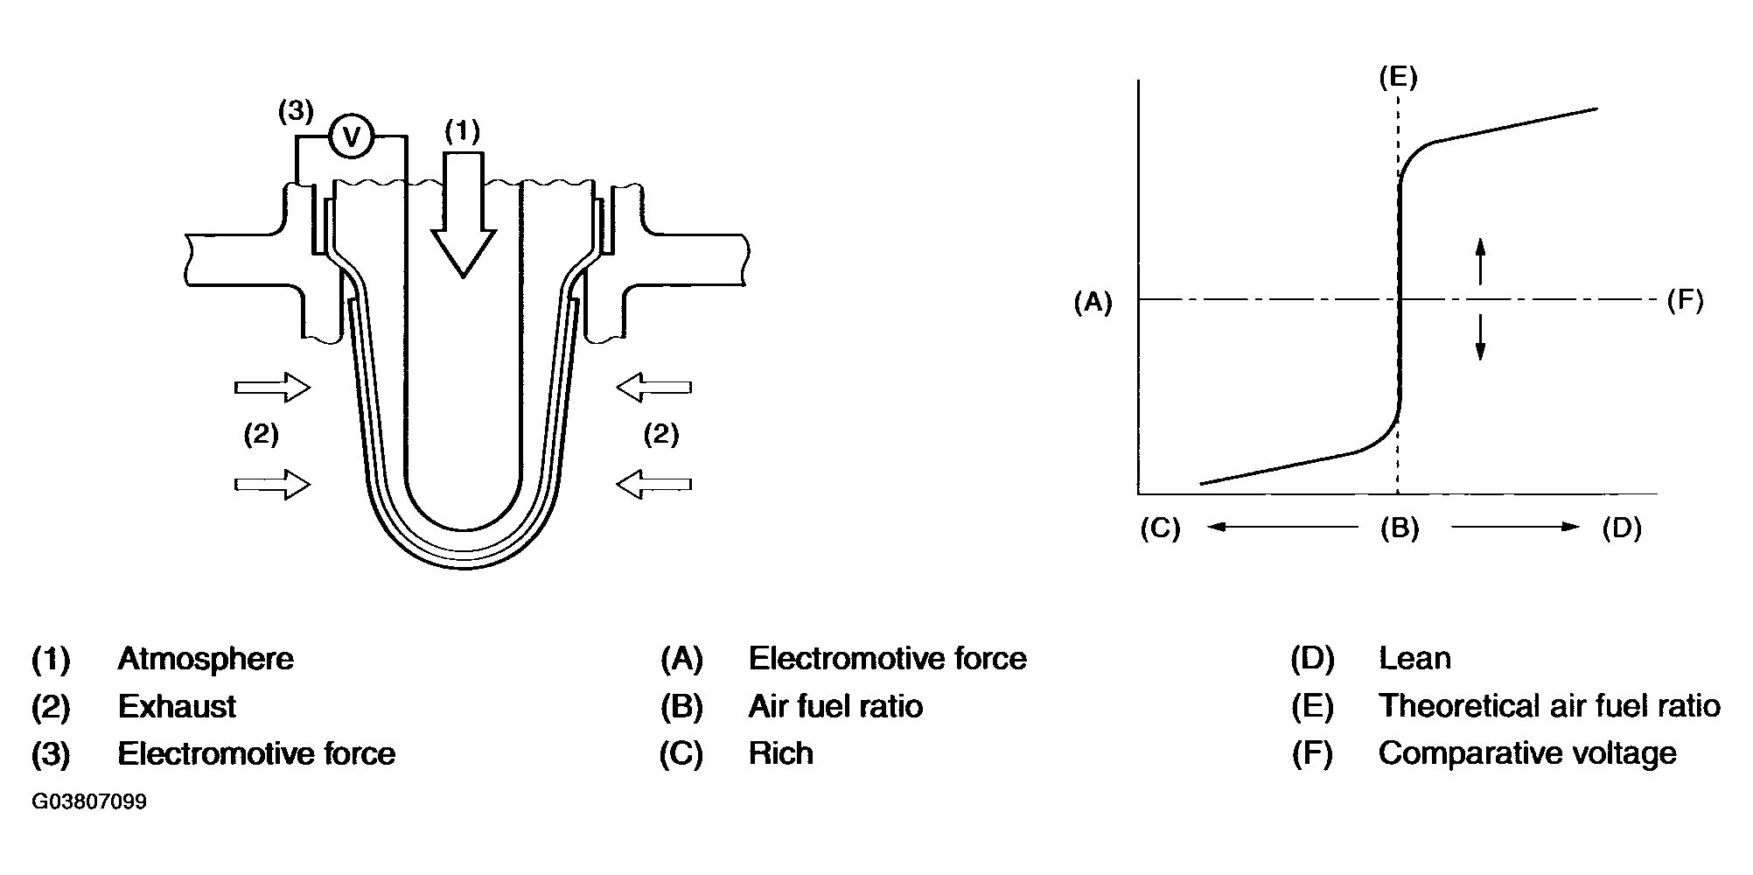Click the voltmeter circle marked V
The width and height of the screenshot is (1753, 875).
[x=352, y=136]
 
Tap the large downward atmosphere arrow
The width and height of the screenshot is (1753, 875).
[x=463, y=214]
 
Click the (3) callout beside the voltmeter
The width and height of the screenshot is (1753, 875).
[x=295, y=112]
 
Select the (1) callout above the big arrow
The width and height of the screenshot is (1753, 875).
[x=462, y=131]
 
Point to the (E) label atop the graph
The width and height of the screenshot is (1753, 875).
[x=1398, y=77]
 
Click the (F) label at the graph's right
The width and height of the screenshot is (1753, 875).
[x=1685, y=301]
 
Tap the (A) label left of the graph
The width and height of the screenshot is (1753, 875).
[x=1093, y=303]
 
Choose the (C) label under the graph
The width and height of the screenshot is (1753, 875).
[x=1161, y=528]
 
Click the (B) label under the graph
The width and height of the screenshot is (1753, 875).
[x=1400, y=528]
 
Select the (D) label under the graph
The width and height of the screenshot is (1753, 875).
[x=1622, y=528]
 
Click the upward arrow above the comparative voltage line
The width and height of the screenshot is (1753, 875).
[x=1480, y=261]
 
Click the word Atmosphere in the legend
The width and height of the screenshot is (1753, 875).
[x=206, y=659]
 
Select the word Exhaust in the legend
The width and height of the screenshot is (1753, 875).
[x=177, y=706]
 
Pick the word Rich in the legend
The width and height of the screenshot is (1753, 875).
[x=780, y=753]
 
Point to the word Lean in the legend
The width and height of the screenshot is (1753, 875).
[x=1414, y=659]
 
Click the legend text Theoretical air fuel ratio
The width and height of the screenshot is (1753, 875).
[x=1549, y=706]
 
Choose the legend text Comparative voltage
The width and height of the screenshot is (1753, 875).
[x=1527, y=753]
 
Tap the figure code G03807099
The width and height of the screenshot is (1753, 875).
[x=89, y=802]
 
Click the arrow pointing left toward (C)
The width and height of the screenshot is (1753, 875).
[x=1281, y=527]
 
